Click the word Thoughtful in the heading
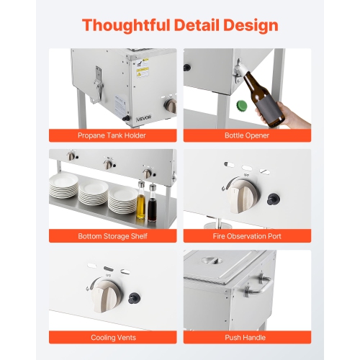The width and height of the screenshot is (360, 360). point(126,25)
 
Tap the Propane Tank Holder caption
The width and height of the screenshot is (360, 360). point(112,135)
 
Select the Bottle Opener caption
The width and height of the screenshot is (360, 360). point(247,135)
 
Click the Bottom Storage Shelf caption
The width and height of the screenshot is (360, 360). point(112,236)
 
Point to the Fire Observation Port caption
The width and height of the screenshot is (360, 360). point(247,236)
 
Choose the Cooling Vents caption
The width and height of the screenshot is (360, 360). point(113,338)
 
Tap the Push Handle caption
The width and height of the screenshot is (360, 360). point(246,338)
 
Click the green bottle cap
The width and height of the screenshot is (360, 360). point(242,106)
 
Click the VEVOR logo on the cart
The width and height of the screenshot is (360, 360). point(144,117)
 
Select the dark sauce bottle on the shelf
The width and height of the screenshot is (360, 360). point(152,203)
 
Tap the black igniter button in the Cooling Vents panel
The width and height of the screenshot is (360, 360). point(133,298)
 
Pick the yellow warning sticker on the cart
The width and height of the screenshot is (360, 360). point(143,68)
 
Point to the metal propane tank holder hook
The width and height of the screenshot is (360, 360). point(99,84)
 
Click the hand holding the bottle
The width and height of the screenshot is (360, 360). point(293,117)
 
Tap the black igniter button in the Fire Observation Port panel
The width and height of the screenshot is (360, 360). point(273,199)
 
